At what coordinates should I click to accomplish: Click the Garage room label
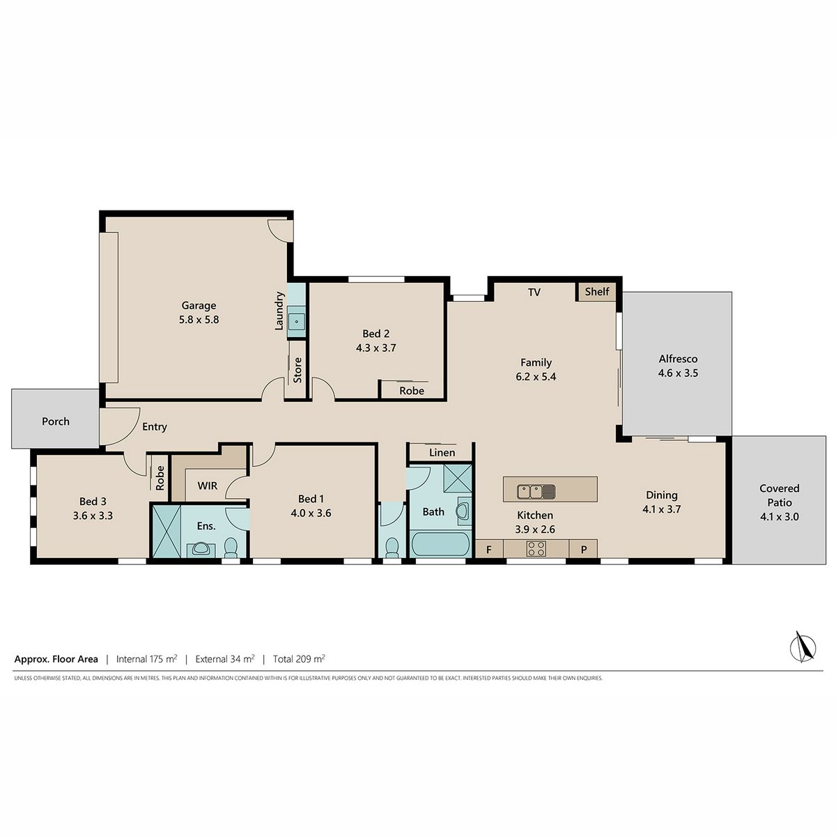click(199, 305)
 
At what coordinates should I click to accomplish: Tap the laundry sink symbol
click(297, 322)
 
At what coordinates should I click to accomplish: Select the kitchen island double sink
click(536, 492)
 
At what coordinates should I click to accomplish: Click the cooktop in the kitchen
click(536, 548)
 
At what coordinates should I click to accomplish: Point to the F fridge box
click(489, 549)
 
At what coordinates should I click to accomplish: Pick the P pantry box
click(584, 549)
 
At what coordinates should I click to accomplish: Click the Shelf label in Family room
click(597, 291)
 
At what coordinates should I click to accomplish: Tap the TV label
click(534, 293)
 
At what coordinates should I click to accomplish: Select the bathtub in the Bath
click(440, 544)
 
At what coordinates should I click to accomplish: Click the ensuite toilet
click(231, 548)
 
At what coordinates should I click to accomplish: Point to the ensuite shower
click(167, 531)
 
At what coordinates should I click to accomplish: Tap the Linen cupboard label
click(442, 453)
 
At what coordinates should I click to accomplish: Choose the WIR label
click(208, 486)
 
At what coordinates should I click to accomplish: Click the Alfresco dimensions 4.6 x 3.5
click(678, 373)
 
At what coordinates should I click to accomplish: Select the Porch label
click(56, 421)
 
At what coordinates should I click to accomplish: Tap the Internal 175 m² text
click(146, 659)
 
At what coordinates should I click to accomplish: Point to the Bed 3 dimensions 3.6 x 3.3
click(93, 516)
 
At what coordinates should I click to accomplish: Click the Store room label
click(297, 370)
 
